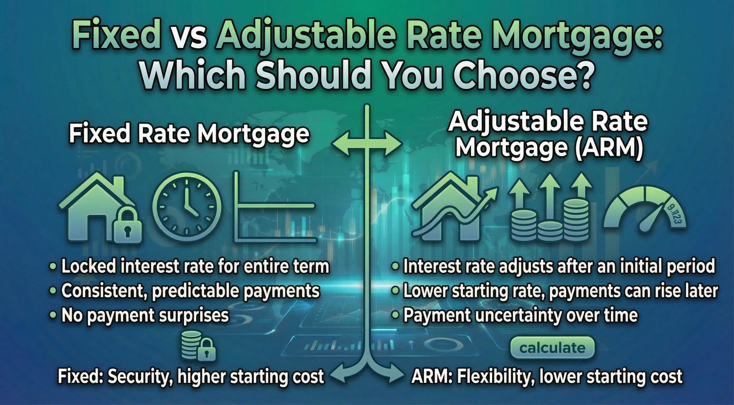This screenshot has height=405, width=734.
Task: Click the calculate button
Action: [552, 348]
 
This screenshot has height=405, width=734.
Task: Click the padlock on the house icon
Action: [127, 226]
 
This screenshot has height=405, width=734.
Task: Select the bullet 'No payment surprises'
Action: [145, 316]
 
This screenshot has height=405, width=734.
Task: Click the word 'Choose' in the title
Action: [509, 74]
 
